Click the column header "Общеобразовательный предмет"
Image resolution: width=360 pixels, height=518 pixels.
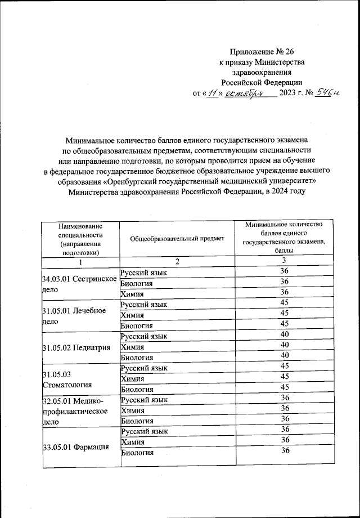coord(177,238)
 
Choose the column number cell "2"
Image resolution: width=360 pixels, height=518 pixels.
coord(177,262)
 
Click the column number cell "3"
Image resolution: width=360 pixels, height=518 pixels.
coord(285,260)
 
